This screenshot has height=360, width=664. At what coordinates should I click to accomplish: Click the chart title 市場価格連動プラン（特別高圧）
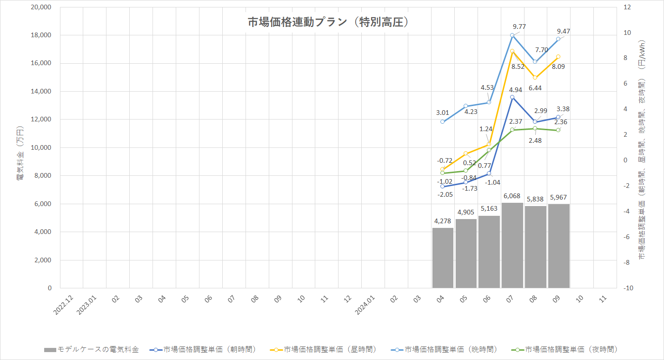[x=328, y=22]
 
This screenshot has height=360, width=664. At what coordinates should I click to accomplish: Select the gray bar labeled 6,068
[x=512, y=245]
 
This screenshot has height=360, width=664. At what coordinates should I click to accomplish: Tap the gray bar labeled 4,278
[x=443, y=258]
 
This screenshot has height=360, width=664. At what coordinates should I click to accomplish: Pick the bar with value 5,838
[x=535, y=247]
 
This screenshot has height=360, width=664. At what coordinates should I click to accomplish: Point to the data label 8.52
[x=518, y=67]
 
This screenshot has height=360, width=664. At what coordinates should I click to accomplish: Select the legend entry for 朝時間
[x=203, y=349]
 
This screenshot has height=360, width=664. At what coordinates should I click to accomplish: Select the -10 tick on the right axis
[x=628, y=288]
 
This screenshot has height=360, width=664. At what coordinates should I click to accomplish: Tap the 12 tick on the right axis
[x=627, y=7]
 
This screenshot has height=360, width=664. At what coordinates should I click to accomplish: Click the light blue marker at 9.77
[x=512, y=35]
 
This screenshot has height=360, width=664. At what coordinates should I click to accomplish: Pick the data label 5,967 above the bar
[x=558, y=197]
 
